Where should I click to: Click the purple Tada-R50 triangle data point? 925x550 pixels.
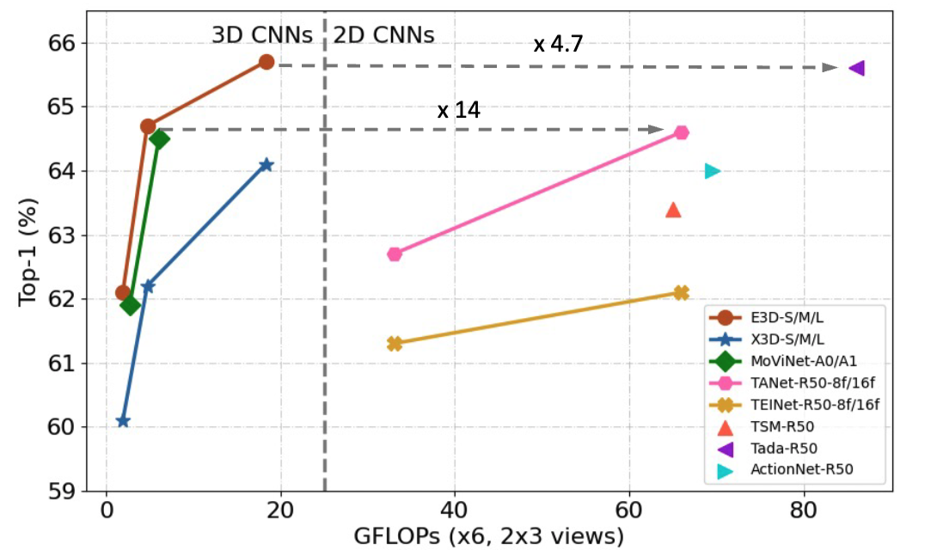(856, 68)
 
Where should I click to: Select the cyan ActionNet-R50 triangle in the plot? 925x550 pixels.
(712, 171)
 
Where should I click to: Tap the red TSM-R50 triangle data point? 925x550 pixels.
(673, 210)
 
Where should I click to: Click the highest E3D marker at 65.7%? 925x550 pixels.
(266, 62)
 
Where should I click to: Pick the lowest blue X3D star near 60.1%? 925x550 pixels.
(123, 421)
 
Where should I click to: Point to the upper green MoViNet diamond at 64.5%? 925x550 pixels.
(159, 138)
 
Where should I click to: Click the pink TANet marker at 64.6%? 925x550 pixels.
(682, 132)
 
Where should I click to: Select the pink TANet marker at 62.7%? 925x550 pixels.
(395, 254)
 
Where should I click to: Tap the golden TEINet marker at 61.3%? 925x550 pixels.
(395, 344)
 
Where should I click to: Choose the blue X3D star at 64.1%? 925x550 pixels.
(266, 164)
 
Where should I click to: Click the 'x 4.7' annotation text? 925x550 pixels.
(558, 45)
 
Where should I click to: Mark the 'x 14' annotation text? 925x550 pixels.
(458, 111)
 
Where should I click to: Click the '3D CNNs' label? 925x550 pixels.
(264, 35)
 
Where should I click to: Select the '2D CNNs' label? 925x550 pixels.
(383, 35)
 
